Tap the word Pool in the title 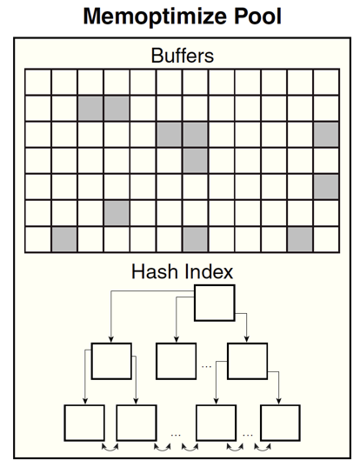pyautogui.click(x=257, y=16)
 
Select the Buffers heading pyautogui.click(x=183, y=56)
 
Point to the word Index pyautogui.click(x=209, y=271)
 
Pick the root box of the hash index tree pyautogui.click(x=215, y=303)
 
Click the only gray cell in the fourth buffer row pyautogui.click(x=196, y=161)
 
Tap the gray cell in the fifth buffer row pyautogui.click(x=326, y=187)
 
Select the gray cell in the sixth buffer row pyautogui.click(x=117, y=213)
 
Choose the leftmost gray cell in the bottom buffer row pyautogui.click(x=64, y=239)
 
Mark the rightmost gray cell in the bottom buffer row pyautogui.click(x=300, y=239)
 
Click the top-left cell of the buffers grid pyautogui.click(x=38, y=82)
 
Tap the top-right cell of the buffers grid pyautogui.click(x=326, y=82)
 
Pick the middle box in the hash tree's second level pyautogui.click(x=177, y=361)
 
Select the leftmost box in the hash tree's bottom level pyautogui.click(x=84, y=423)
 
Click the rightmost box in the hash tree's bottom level pyautogui.click(x=280, y=423)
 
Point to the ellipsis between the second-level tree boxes pyautogui.click(x=206, y=366)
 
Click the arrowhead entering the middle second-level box pyautogui.click(x=177, y=339)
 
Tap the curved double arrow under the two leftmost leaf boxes pyautogui.click(x=110, y=447)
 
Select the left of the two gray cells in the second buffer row pyautogui.click(x=90, y=108)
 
